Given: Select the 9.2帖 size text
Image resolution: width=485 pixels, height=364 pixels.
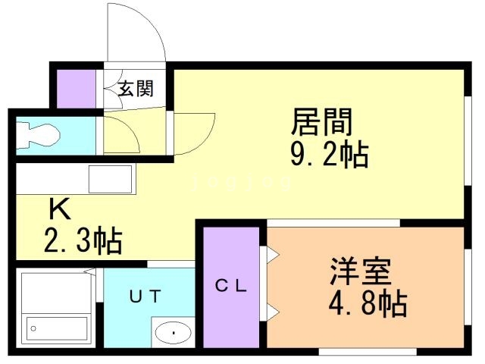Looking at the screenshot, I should coord(329,155).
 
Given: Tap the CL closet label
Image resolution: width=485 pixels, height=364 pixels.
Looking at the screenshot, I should coord(230,286).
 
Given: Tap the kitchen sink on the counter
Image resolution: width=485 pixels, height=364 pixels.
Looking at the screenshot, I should coord(111,180).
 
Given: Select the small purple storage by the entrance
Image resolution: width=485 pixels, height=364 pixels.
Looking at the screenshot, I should coord(77,89).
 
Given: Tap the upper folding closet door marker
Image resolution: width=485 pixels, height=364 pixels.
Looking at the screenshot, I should coord(269,256).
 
